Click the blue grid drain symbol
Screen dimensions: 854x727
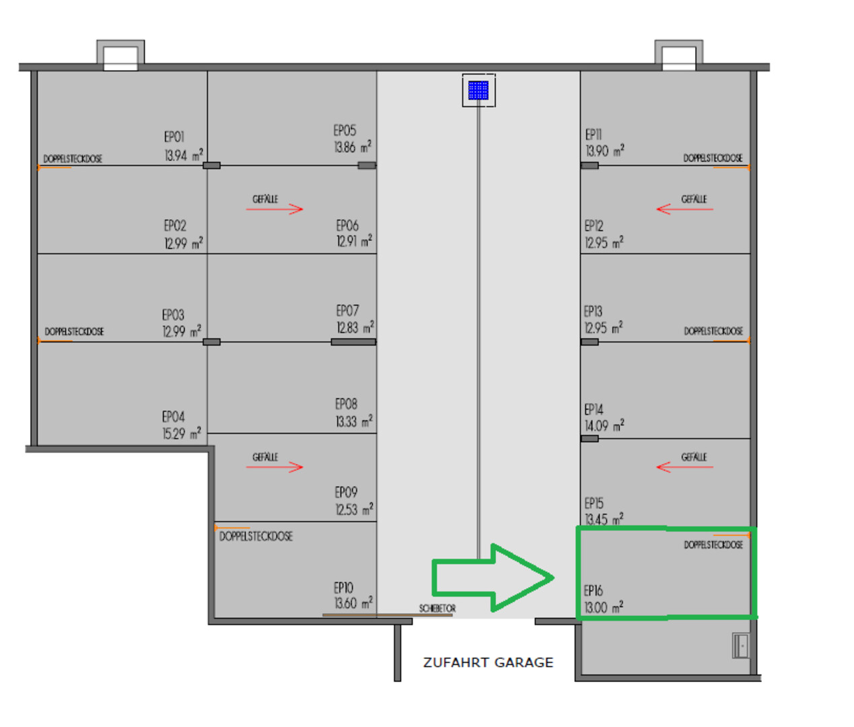pos(478,90)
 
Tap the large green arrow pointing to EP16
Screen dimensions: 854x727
pos(493,578)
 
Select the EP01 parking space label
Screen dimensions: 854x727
pos(174,137)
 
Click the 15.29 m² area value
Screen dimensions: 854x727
pos(182,433)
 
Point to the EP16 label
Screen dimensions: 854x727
pos(594,590)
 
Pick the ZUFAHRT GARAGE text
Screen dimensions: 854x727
pos(488,662)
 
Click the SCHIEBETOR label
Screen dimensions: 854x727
pos(437,609)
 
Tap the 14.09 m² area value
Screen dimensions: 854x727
pos(604,425)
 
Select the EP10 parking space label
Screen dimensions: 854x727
pos(343,587)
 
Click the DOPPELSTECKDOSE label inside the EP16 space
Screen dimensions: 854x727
pos(713,545)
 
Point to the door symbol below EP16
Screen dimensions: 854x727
pos(741,645)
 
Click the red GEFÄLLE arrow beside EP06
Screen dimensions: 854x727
pos(275,209)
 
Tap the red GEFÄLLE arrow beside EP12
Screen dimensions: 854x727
pos(684,209)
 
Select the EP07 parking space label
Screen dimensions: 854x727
pos(347,310)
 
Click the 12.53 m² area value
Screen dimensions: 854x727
pos(354,509)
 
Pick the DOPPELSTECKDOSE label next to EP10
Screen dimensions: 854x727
pos(256,536)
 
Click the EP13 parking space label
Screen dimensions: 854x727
pos(593,311)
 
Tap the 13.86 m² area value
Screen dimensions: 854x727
pos(353,147)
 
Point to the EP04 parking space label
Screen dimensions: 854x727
pos(173,416)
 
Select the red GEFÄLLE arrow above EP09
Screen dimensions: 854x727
pos(275,467)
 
